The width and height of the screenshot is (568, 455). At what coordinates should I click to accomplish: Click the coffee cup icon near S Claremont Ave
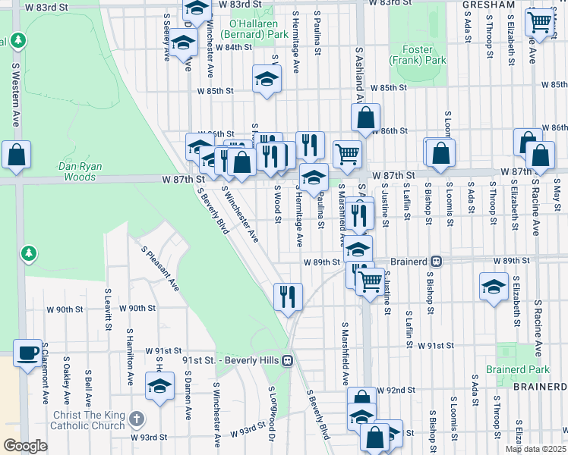click(x=28, y=353)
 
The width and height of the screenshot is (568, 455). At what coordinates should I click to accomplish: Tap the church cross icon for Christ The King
click(x=136, y=419)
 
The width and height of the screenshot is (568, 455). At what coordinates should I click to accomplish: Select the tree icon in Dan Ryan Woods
click(x=29, y=252)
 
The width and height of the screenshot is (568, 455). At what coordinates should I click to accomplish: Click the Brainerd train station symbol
click(x=437, y=262)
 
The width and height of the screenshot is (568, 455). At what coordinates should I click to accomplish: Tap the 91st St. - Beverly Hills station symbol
click(x=287, y=359)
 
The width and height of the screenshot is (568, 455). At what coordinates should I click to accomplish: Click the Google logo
click(x=25, y=446)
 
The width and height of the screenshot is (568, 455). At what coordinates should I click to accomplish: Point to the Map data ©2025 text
click(x=535, y=449)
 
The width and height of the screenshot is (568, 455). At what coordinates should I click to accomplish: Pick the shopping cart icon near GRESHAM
click(x=538, y=22)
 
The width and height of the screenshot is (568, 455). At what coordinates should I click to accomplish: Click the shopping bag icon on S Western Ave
click(x=16, y=155)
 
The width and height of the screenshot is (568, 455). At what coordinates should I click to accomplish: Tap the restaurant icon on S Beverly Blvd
click(x=288, y=297)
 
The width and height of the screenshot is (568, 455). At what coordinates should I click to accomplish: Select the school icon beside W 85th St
click(x=267, y=80)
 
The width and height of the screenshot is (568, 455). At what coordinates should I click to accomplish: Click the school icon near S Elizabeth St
click(x=494, y=287)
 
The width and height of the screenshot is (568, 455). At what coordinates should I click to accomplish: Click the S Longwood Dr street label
click(x=271, y=413)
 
